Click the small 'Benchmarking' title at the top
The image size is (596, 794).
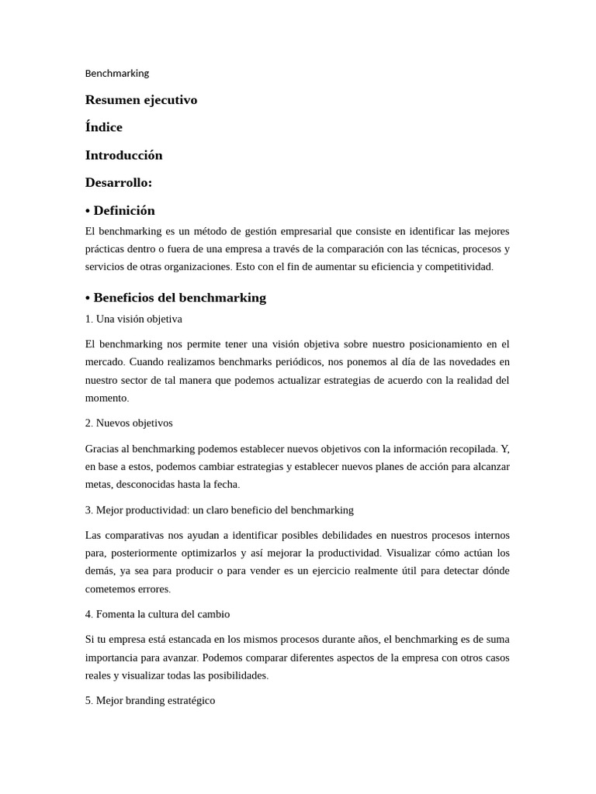[116, 73]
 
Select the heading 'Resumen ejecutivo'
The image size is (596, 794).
[141, 100]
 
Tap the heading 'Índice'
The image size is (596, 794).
[104, 127]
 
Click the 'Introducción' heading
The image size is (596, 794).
[124, 155]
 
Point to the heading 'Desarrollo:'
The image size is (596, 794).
[119, 183]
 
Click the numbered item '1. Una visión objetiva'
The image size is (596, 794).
[133, 319]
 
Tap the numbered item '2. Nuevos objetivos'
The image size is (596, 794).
[129, 423]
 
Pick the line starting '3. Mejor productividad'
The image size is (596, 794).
[219, 509]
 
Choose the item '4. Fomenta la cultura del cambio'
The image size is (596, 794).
[158, 613]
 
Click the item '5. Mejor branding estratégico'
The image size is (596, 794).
[150, 700]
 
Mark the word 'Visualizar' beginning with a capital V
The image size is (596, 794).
[413, 553]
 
